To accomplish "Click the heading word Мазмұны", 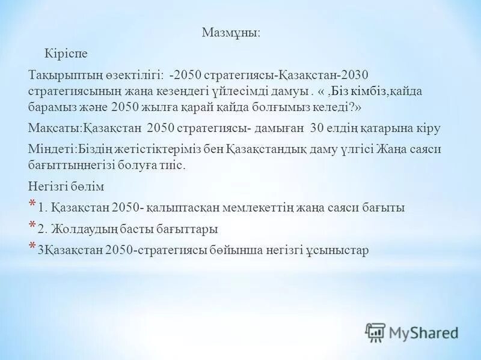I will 231,32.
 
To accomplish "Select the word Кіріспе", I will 66,54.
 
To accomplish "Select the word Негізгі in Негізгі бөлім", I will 47,186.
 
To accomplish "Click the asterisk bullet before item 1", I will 32,205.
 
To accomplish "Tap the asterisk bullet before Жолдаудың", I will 32,226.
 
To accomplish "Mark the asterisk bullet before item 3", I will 32,247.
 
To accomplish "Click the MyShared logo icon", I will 375,332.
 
